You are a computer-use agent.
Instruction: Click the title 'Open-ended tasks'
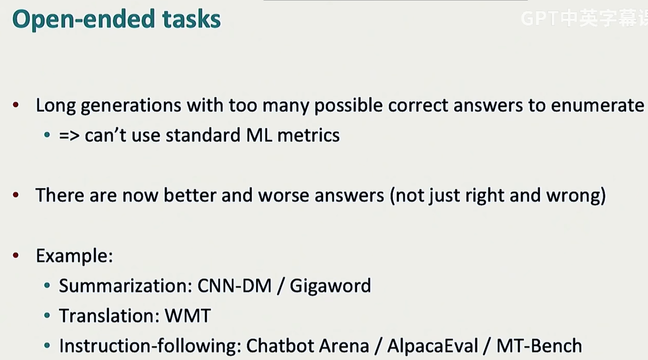tap(116, 19)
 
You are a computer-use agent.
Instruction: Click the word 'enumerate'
tap(597, 105)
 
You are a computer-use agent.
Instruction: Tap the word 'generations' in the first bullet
tap(131, 106)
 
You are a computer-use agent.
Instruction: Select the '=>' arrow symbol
tap(69, 135)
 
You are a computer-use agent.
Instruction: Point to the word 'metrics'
tap(309, 135)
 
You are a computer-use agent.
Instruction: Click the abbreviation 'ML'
tap(259, 135)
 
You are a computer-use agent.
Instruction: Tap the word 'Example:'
tap(74, 256)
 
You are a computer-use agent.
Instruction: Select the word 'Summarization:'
tap(126, 286)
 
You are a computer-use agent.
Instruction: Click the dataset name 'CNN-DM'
tap(235, 286)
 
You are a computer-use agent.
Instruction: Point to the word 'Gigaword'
tap(331, 286)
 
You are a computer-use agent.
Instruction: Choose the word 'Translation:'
tap(110, 316)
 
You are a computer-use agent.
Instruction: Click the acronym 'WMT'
tap(188, 316)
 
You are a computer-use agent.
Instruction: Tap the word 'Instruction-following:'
tap(150, 346)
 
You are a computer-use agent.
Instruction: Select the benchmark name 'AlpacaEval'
tap(433, 346)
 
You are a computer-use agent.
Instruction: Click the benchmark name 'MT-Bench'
tap(539, 345)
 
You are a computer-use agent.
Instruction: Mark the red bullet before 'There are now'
tap(16, 195)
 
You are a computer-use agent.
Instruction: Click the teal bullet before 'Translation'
tap(47, 315)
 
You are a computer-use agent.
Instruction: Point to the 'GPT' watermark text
tap(539, 19)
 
